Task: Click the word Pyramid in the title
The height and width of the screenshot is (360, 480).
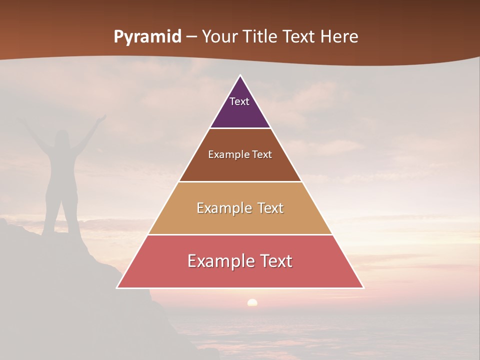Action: coord(147,37)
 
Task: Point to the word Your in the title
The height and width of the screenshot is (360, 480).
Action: coord(219,37)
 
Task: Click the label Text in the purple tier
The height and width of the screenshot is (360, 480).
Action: coord(239,101)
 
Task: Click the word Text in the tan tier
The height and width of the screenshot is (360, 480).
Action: coord(268,208)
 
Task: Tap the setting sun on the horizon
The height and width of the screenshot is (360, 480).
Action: coord(252,302)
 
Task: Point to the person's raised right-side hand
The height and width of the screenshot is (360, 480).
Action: coord(102,118)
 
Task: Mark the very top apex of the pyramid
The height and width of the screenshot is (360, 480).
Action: coord(240,75)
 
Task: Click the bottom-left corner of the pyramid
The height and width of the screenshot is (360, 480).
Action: coord(117,287)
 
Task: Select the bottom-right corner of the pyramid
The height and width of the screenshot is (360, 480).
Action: coord(363,287)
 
